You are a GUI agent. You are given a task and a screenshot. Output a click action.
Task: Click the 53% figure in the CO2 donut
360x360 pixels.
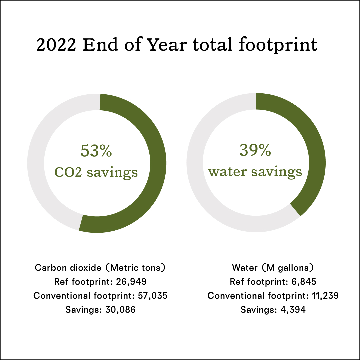tap(96, 151)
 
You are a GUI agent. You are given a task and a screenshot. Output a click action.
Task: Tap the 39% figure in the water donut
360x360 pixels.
tap(255, 151)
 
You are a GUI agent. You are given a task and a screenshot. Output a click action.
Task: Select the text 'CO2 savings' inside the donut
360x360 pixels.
tap(96, 172)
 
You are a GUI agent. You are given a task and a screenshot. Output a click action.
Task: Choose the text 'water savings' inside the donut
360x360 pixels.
tap(255, 172)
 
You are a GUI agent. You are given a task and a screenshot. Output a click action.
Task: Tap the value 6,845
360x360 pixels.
tap(303, 282)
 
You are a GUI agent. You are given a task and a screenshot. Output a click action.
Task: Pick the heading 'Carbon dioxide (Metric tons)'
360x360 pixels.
tap(100, 268)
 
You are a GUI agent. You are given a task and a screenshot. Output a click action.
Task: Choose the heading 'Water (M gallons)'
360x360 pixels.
tap(273, 268)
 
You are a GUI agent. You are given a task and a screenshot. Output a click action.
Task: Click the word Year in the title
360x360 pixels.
tap(167, 45)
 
